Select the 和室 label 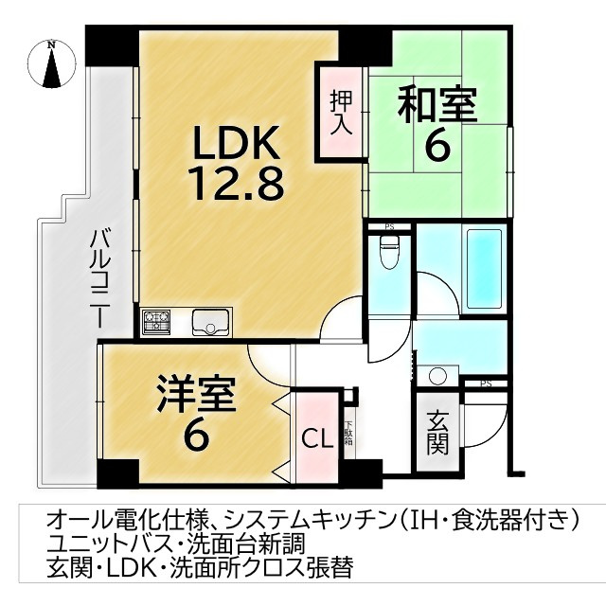click(437, 104)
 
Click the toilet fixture click(388, 252)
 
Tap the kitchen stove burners click(157, 322)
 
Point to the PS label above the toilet click(389, 226)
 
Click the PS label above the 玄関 click(486, 383)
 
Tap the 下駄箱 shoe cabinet click(348, 438)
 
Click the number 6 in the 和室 click(437, 147)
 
